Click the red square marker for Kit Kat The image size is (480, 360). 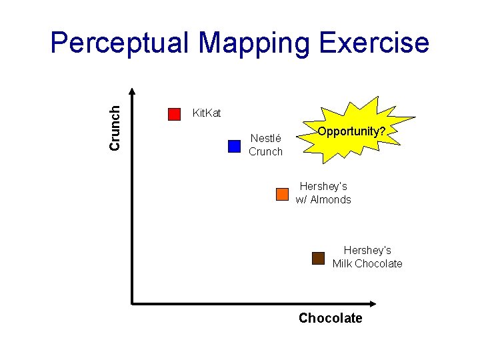[x=175, y=114]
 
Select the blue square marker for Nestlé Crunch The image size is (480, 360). [x=234, y=146]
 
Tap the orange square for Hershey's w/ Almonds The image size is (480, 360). [x=282, y=194]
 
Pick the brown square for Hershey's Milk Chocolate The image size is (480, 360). [x=318, y=258]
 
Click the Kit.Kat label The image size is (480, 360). [x=206, y=113]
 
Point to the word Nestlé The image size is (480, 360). [x=266, y=139]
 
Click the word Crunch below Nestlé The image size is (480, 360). [x=265, y=152]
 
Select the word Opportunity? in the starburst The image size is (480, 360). [x=351, y=131]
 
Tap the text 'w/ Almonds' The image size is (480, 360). [x=323, y=200]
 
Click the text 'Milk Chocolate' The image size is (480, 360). [x=367, y=264]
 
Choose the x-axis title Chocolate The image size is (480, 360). [x=330, y=318]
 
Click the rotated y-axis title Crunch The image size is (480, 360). [x=115, y=127]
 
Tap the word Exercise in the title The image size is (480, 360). [x=375, y=44]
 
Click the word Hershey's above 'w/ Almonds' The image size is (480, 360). [x=323, y=187]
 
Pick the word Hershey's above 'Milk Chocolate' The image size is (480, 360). [x=367, y=251]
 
